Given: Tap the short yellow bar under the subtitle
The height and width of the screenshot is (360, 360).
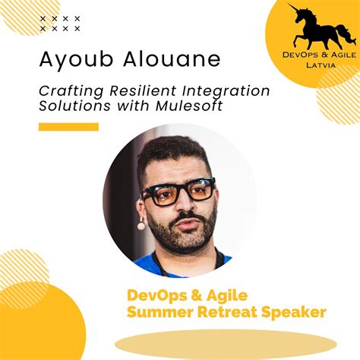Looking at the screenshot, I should click(x=68, y=127).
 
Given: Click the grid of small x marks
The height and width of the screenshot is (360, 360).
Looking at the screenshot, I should click(x=60, y=23).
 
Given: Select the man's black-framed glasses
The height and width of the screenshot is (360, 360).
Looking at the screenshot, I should click(x=179, y=192).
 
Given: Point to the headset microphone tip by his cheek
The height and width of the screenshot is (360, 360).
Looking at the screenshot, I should click(x=141, y=225).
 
